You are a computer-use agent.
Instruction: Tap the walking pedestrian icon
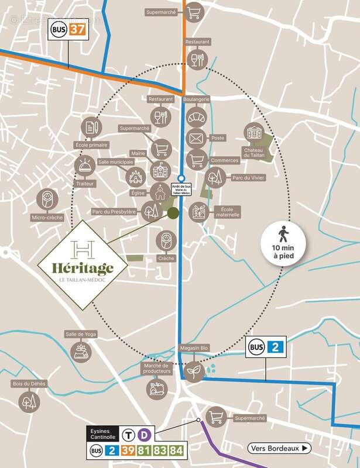click(283, 236)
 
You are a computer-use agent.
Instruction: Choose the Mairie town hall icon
click(159, 170)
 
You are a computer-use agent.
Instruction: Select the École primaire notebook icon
click(90, 126)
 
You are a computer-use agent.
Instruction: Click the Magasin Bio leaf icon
click(191, 370)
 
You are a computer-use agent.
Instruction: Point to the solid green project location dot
click(173, 213)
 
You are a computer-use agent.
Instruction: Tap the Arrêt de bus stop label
click(181, 190)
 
